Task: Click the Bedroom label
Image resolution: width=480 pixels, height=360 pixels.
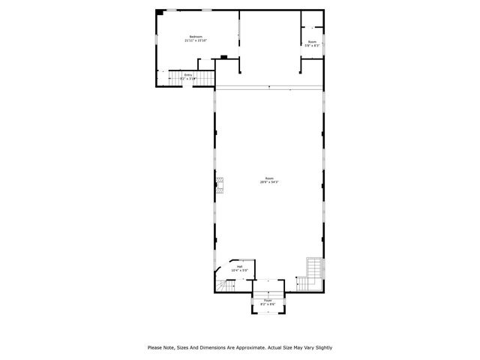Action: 196,37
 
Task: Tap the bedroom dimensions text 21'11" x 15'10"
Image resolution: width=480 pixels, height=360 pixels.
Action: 196,40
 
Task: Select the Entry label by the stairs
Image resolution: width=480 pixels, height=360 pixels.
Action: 188,74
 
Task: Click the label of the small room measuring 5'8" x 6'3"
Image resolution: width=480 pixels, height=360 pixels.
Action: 312,42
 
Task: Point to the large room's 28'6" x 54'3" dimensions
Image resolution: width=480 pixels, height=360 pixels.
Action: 269,182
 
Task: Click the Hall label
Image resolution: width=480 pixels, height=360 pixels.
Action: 240,266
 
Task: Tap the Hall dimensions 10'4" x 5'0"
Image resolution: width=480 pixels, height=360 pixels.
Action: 240,270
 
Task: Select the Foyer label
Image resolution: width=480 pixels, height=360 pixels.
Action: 268,300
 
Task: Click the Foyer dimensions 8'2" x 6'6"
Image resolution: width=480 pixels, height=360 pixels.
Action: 268,304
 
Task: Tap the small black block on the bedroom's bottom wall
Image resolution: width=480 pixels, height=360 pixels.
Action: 223,56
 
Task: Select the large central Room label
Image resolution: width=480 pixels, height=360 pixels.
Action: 269,178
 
